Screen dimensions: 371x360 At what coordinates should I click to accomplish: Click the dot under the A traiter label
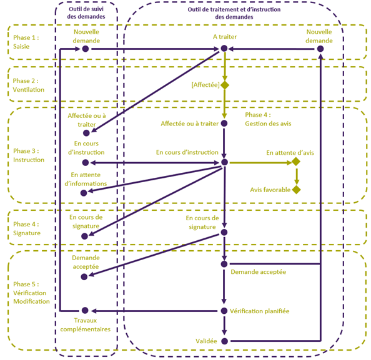224,49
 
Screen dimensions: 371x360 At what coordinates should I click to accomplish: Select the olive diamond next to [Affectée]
225,85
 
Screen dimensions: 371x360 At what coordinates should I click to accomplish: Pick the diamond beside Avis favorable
296,190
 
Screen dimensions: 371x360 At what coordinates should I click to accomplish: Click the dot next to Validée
225,341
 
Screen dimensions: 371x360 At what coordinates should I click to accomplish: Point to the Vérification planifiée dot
224,311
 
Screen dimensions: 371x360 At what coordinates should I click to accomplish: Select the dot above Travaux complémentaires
85,311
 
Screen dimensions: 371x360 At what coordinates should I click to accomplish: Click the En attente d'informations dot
84,193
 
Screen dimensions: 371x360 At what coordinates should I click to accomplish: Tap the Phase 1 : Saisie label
26,42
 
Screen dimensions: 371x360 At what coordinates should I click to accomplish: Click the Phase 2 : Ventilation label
29,85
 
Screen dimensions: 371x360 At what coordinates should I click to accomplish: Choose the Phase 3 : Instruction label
29,155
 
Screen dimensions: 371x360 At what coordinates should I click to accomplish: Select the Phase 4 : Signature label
27,228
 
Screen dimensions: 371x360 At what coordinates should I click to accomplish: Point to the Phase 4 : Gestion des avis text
268,119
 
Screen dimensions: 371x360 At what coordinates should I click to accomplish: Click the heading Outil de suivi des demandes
86,12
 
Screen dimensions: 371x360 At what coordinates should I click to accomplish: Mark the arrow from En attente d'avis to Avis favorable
297,177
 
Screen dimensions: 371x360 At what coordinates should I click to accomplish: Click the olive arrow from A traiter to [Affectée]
225,67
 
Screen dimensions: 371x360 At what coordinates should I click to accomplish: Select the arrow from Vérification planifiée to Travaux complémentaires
154,311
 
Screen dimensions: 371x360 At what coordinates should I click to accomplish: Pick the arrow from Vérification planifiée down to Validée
224,326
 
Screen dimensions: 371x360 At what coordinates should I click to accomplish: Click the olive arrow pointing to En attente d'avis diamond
260,163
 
